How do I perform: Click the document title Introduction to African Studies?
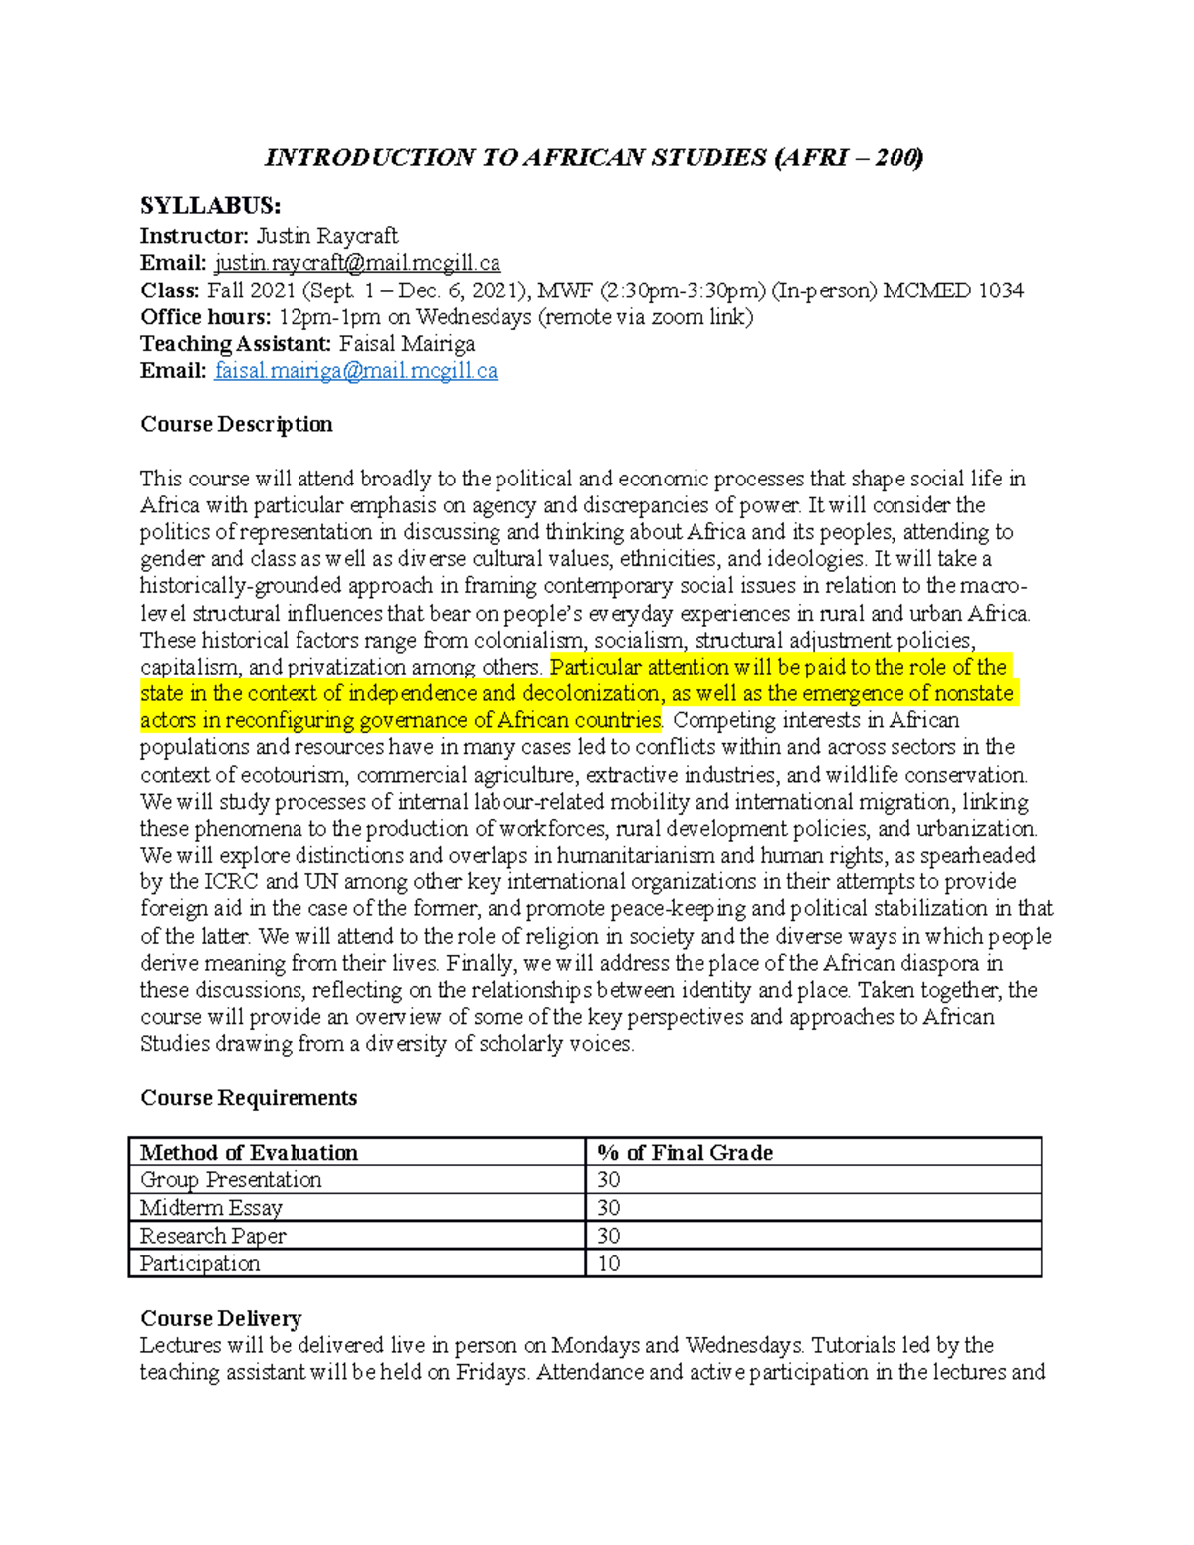pos(594,158)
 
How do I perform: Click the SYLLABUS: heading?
pos(210,206)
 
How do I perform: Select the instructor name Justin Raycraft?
pos(327,236)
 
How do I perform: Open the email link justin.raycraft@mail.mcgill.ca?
pos(357,263)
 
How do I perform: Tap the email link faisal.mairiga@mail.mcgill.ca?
pos(355,371)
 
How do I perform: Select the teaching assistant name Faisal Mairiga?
pos(407,344)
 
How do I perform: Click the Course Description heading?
pos(236,424)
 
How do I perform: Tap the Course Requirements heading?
pos(248,1098)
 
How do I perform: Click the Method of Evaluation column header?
pos(249,1153)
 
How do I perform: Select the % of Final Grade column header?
pos(685,1153)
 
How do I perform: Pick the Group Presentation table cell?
pos(231,1180)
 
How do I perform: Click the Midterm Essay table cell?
pos(211,1208)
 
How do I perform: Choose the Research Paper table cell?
pos(213,1236)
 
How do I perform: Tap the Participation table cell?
pos(200,1264)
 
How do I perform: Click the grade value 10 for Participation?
pos(609,1264)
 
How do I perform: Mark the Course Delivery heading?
pos(221,1318)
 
